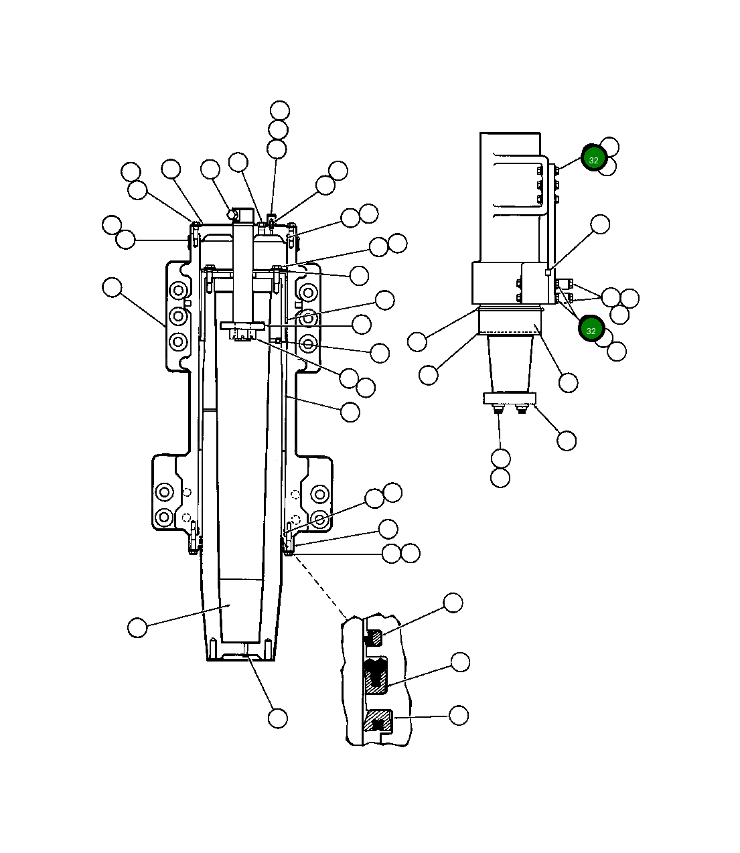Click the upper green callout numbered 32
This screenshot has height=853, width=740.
(x=593, y=159)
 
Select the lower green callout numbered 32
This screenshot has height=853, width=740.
(x=591, y=330)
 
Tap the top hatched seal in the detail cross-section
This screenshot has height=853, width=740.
(x=375, y=638)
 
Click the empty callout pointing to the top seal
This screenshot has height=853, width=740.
(x=453, y=603)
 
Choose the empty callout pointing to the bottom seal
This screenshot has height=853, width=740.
(x=459, y=715)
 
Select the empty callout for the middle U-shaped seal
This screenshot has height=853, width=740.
(x=460, y=662)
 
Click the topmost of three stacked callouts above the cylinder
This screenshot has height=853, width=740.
(x=280, y=110)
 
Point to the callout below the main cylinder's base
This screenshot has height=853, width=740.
(x=278, y=718)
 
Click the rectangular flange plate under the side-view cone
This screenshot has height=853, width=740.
(x=510, y=398)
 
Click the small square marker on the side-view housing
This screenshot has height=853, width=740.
(x=548, y=273)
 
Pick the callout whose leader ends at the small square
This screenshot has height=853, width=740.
(x=600, y=224)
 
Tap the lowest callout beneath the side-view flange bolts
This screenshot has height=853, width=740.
(x=500, y=477)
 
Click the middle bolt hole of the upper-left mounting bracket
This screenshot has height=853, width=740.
(x=178, y=316)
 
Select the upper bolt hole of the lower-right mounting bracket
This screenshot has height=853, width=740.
(x=319, y=495)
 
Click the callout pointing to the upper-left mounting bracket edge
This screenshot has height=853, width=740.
(x=113, y=288)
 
